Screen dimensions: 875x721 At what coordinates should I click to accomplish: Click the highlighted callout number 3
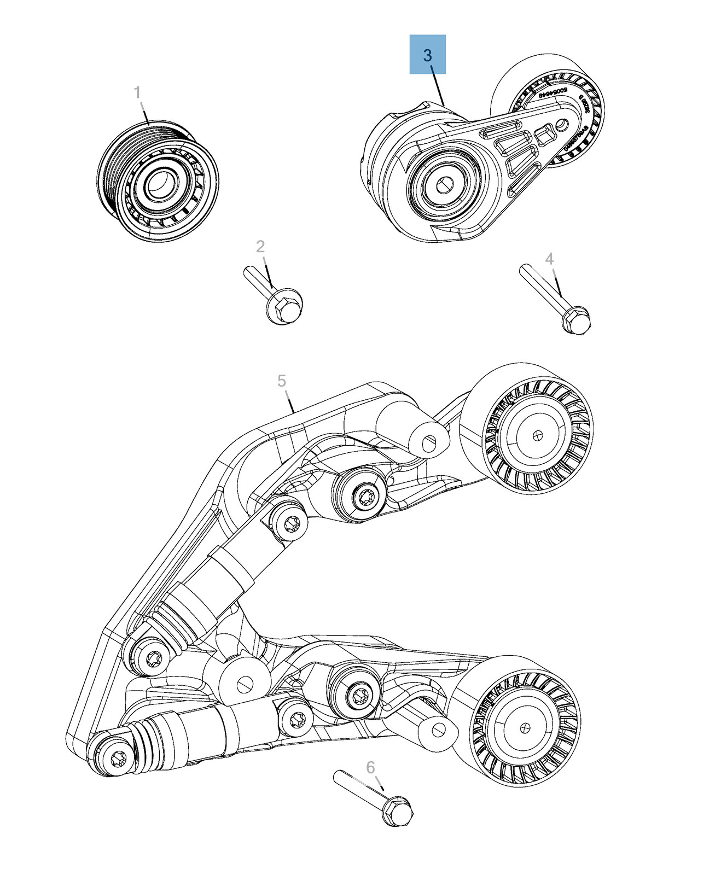427,55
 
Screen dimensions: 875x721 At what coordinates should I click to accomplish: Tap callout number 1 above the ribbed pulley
137,92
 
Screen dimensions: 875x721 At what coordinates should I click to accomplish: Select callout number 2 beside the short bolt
260,247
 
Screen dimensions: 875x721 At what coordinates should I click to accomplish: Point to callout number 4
549,259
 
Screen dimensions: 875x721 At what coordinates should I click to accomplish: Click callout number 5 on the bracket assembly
282,381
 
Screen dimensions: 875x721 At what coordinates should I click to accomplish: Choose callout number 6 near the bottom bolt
370,767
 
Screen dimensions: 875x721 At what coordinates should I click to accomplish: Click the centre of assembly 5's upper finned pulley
538,435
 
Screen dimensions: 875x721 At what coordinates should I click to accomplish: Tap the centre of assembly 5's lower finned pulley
526,728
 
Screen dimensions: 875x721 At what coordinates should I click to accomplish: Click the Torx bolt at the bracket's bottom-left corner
117,759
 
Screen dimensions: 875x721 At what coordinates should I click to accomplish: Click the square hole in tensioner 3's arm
545,134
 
